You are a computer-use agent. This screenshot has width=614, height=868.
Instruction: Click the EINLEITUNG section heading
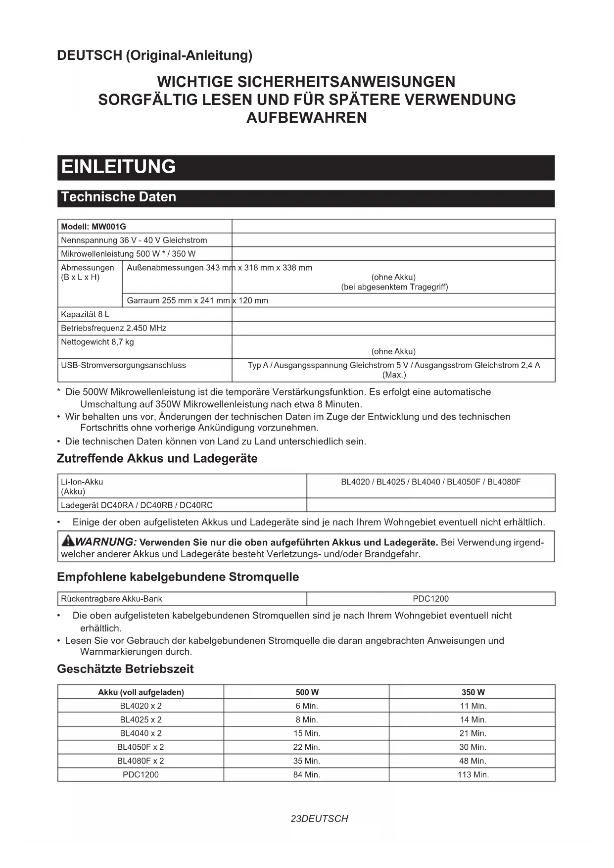tap(119, 167)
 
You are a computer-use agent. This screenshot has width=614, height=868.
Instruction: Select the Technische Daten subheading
tap(119, 197)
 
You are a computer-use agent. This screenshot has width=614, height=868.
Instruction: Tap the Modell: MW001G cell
tap(94, 227)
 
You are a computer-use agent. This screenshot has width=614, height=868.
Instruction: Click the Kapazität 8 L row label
tap(85, 314)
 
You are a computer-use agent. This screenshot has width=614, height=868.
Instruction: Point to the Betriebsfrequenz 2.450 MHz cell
tap(113, 328)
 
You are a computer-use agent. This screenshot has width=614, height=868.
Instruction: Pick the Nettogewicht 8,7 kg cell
tap(97, 342)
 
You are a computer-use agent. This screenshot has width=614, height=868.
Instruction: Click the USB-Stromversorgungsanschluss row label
tap(123, 365)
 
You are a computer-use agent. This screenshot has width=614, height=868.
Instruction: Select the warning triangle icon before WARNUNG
tap(67, 541)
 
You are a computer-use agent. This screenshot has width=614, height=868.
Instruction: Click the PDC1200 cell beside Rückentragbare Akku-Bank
tap(430, 599)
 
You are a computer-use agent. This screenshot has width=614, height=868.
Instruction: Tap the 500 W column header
tap(307, 692)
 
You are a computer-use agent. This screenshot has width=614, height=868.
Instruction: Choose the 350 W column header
tap(473, 692)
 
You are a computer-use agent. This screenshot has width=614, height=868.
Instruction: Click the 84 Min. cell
tap(307, 774)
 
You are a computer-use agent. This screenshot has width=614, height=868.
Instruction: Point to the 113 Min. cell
tap(473, 774)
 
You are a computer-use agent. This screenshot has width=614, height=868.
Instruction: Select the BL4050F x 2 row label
tap(141, 747)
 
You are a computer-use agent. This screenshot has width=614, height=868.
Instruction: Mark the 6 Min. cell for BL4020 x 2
tap(307, 706)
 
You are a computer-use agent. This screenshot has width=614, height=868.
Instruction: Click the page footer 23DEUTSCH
tap(319, 819)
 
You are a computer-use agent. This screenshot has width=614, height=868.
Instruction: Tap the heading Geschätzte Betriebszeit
tap(125, 669)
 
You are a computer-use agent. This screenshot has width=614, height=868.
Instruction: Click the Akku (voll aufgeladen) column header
tap(141, 692)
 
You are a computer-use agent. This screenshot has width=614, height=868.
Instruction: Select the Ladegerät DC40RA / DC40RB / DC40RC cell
tap(137, 505)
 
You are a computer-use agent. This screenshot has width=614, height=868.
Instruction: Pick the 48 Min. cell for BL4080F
tap(473, 761)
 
